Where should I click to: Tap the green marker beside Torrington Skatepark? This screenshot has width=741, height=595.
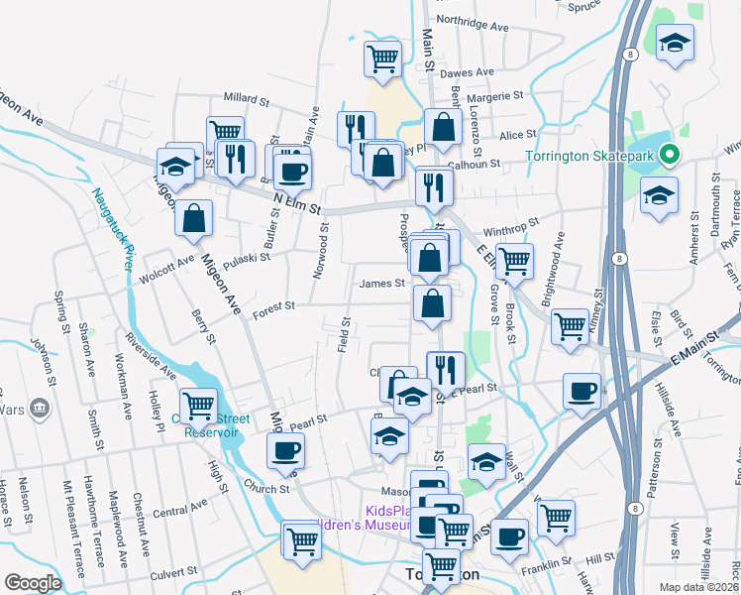pos(669,156)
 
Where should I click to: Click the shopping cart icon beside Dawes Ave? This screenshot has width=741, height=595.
pos(382,58)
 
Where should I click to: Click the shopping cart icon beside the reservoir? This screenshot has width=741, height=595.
pos(198,405)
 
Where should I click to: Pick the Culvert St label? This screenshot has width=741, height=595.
pos(173,572)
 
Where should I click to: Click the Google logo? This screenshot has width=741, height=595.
pos(32,583)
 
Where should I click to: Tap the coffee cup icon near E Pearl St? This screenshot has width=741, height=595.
pos(581,390)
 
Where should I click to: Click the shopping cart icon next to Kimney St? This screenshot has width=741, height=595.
pos(570,325)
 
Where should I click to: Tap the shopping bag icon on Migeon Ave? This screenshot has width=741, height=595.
pos(194,218)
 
